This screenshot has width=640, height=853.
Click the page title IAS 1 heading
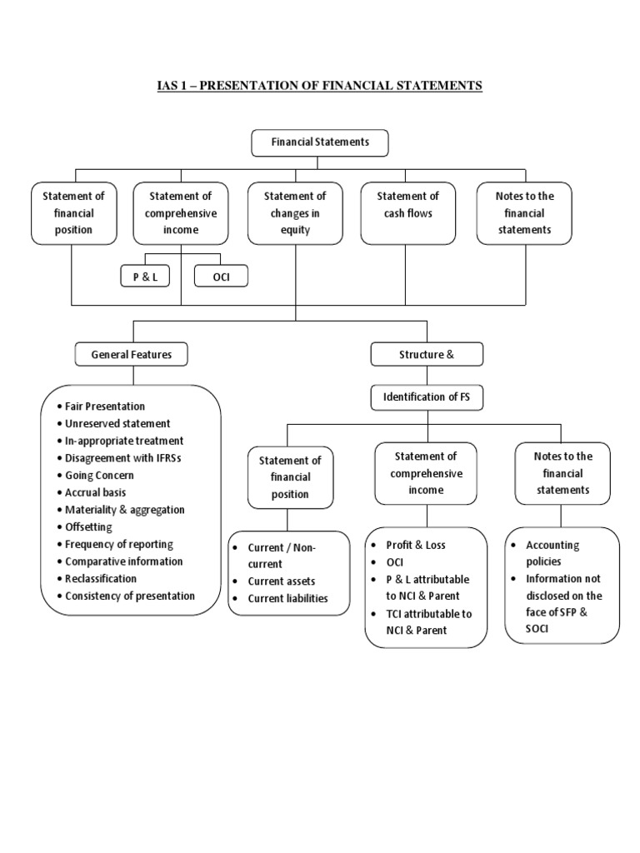[x=320, y=86]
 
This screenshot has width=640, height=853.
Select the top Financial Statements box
[x=320, y=142]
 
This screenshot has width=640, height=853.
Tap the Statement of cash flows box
[x=407, y=213]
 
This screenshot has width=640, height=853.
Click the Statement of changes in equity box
[x=295, y=213]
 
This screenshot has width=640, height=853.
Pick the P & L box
[x=145, y=277]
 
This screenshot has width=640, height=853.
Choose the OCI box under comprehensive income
[x=220, y=277]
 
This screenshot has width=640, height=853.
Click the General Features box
[x=132, y=354]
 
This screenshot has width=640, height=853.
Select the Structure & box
[x=426, y=354]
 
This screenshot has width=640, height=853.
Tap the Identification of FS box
[x=426, y=397]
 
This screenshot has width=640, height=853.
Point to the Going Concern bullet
[x=98, y=476]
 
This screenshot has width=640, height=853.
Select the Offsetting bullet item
[x=88, y=527]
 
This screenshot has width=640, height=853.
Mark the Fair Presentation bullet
[x=104, y=407]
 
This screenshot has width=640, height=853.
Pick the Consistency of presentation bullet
[x=129, y=596]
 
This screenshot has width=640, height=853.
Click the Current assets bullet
[x=281, y=581]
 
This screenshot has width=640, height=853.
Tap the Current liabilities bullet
[x=287, y=598]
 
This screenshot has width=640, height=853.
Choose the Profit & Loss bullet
[x=415, y=545]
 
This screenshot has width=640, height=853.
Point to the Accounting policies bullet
[x=552, y=553]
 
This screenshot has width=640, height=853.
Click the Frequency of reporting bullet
[x=118, y=544]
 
